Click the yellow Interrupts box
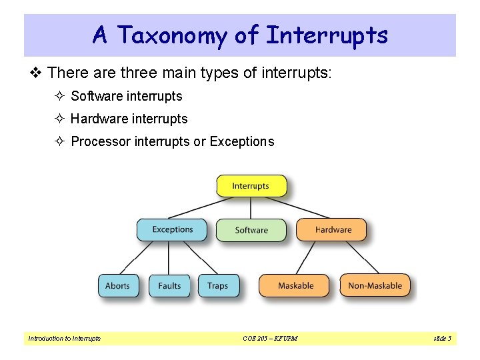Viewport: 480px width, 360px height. click(251, 186)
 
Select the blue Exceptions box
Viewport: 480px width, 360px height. click(172, 229)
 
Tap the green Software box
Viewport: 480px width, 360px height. click(251, 230)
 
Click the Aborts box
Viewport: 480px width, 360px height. click(118, 285)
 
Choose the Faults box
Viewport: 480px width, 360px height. click(169, 285)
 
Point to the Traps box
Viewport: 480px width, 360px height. click(218, 285)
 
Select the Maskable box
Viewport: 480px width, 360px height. click(295, 285)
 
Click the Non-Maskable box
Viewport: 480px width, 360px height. click(375, 285)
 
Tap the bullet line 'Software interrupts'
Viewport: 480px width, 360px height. click(126, 96)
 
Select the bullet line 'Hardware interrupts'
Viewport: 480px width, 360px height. click(129, 119)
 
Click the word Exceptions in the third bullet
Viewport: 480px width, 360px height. click(241, 141)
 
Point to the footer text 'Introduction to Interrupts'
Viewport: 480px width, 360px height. click(64, 339)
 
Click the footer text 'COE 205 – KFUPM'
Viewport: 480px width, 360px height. click(270, 339)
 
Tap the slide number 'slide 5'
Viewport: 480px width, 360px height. click(442, 339)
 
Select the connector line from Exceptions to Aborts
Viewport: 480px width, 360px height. click(141, 257)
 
